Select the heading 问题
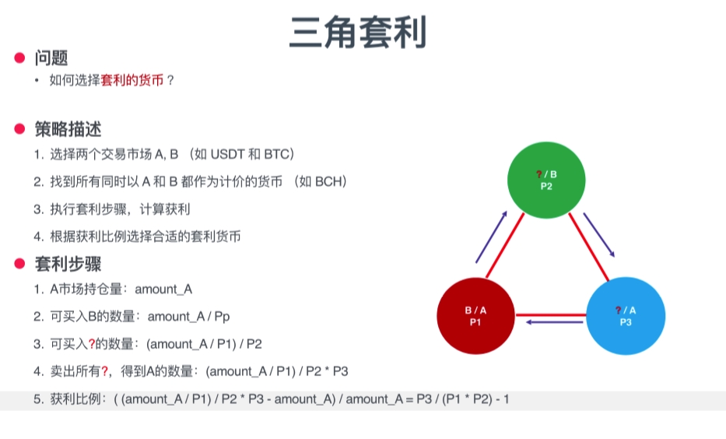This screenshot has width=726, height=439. [x=51, y=58]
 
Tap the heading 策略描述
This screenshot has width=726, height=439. [x=68, y=128]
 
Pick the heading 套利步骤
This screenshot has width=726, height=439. [x=68, y=263]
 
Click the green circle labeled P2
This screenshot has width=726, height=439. [x=545, y=181]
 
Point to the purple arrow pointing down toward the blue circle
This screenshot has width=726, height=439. [x=600, y=234]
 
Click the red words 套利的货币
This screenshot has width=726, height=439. [x=132, y=79]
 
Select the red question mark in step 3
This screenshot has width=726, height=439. [x=91, y=344]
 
